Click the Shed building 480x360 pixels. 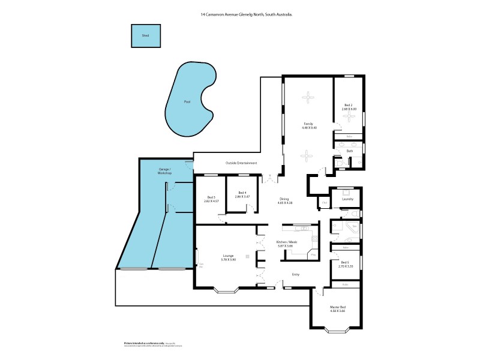(x=146, y=35)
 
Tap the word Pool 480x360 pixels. (x=187, y=102)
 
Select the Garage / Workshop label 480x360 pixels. (x=165, y=172)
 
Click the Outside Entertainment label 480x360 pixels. (x=241, y=163)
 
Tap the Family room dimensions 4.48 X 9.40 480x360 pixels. (x=308, y=128)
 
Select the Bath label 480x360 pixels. (x=349, y=151)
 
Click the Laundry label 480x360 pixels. (x=347, y=199)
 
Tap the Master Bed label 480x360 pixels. (x=337, y=307)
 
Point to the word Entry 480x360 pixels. (x=295, y=275)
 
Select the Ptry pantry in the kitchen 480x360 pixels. (x=313, y=256)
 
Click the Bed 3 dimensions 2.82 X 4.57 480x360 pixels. (x=211, y=202)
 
